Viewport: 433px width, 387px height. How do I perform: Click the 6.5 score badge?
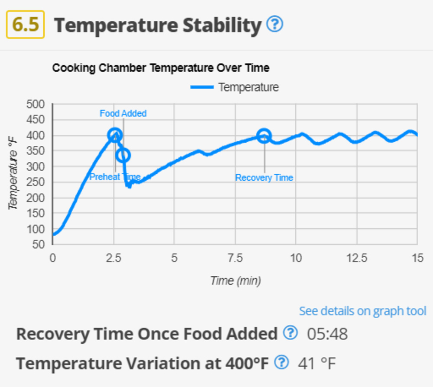pyautogui.click(x=25, y=24)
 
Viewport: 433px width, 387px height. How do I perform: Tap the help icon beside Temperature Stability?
pyautogui.click(x=275, y=24)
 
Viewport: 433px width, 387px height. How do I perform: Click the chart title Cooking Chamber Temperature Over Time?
pyautogui.click(x=161, y=68)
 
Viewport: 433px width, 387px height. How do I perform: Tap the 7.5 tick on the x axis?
pyautogui.click(x=235, y=258)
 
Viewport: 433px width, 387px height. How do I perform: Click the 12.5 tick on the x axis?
pyautogui.click(x=357, y=258)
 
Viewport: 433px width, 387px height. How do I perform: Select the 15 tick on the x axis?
pyautogui.click(x=417, y=258)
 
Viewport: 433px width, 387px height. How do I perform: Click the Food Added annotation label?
pyautogui.click(x=123, y=113)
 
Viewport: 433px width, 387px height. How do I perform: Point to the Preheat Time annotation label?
pyautogui.click(x=115, y=177)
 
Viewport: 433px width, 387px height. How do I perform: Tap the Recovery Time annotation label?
pyautogui.click(x=264, y=178)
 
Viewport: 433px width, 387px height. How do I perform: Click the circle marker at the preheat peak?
pyautogui.click(x=115, y=135)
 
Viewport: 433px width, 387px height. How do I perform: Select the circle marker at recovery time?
pyautogui.click(x=264, y=136)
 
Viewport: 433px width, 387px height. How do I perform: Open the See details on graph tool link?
pyautogui.click(x=362, y=311)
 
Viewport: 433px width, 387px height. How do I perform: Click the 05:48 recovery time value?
pyautogui.click(x=327, y=334)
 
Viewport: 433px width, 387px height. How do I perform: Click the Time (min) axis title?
pyautogui.click(x=235, y=281)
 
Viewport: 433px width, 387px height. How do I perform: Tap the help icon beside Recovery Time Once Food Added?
pyautogui.click(x=291, y=333)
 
